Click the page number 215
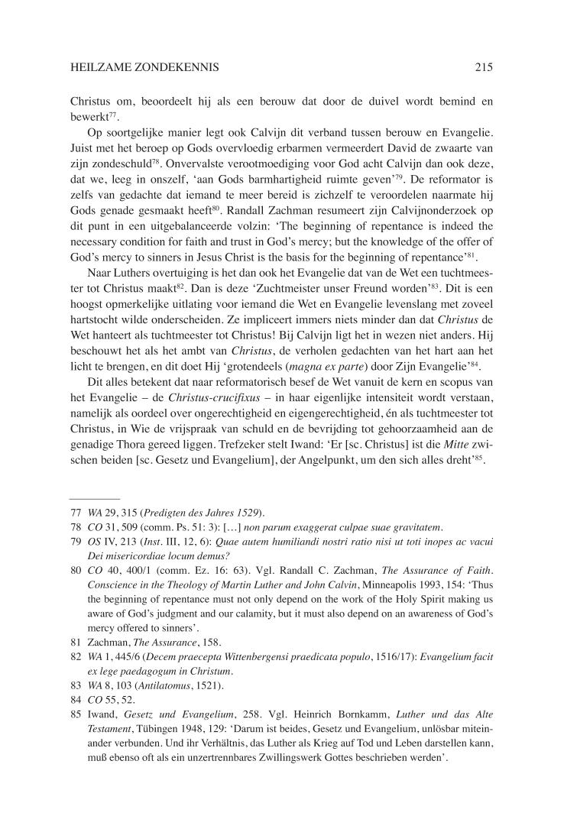[483, 67]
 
